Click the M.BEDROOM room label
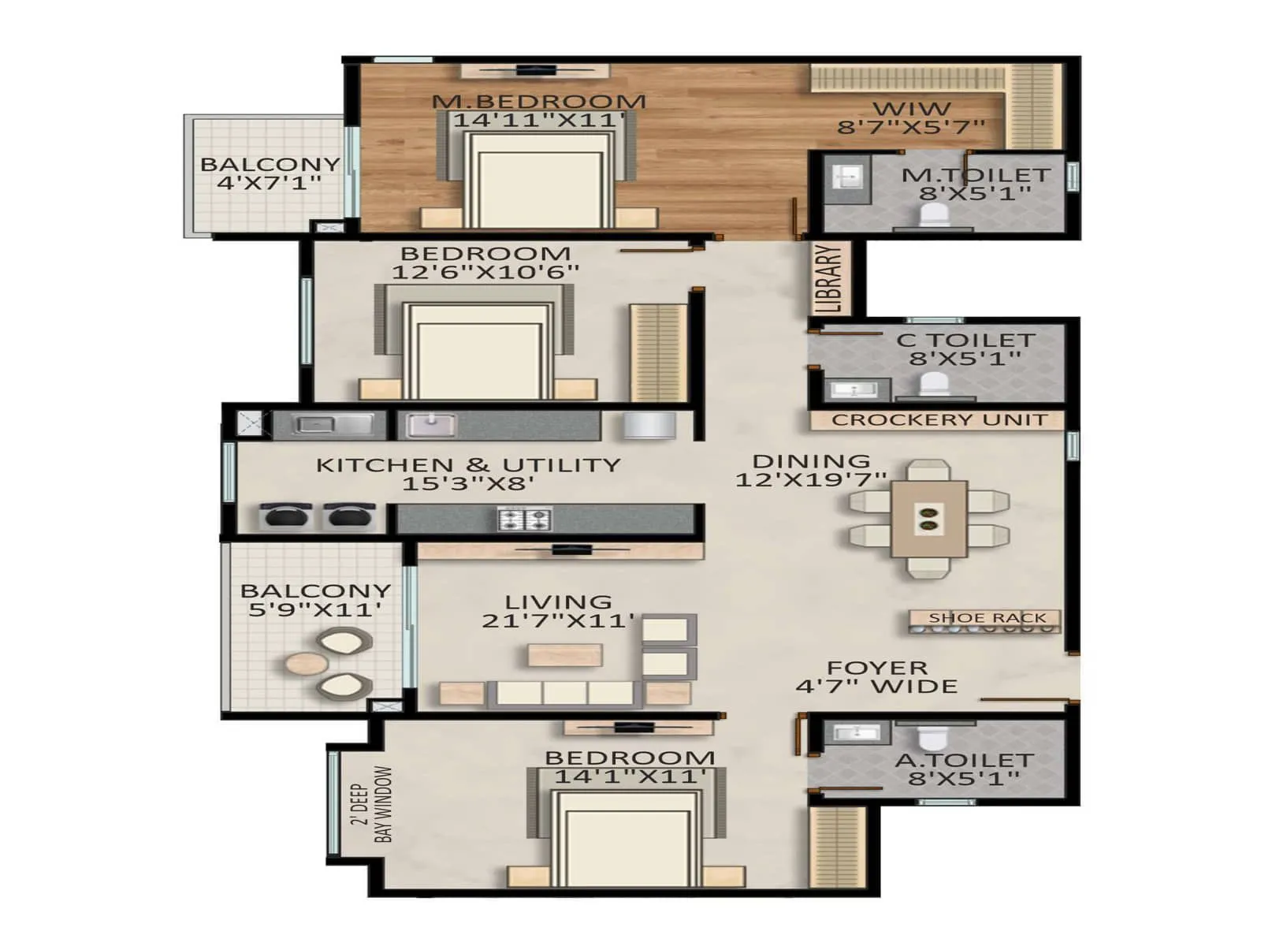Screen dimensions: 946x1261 [x=539, y=102]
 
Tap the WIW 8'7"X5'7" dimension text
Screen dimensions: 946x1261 [x=911, y=126]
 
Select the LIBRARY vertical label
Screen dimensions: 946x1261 [x=832, y=278]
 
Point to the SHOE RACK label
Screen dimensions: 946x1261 [x=987, y=618]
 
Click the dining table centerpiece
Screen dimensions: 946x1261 [x=928, y=518]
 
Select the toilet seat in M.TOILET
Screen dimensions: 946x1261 [x=935, y=214]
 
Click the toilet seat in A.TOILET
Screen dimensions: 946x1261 [x=932, y=739]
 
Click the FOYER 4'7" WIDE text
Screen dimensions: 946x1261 [x=876, y=678]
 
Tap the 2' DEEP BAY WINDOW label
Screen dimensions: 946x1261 [x=372, y=804]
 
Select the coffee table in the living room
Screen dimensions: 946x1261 [x=565, y=654]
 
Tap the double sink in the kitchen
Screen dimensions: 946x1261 [x=333, y=426]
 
